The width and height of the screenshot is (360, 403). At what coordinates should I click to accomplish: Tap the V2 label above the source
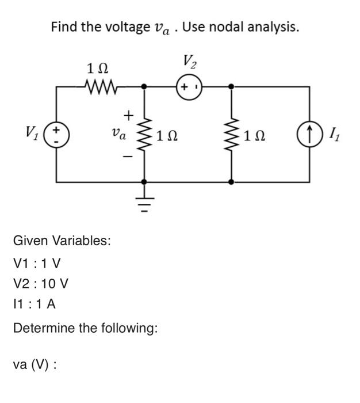(x=189, y=61)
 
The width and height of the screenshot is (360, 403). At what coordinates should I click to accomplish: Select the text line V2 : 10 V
(x=40, y=284)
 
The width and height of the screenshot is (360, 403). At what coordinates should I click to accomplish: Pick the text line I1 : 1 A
(x=34, y=305)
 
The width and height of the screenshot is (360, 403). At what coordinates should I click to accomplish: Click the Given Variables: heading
(x=62, y=240)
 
